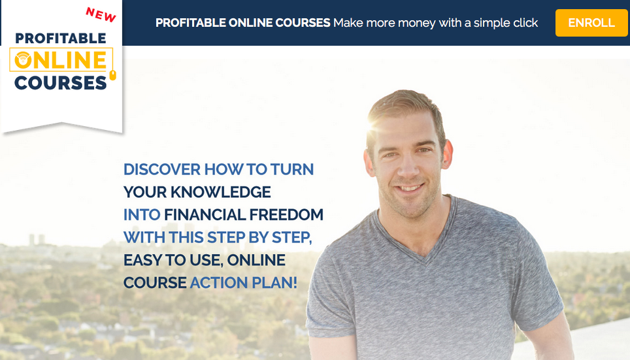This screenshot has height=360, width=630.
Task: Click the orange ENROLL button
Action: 591,23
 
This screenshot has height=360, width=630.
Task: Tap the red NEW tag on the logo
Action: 101,15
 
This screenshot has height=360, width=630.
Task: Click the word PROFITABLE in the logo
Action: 61,39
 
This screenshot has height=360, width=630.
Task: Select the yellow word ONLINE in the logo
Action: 61,60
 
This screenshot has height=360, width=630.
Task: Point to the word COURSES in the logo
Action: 61,83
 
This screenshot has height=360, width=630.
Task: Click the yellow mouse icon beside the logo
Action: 113,75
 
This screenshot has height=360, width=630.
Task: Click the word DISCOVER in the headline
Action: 162,170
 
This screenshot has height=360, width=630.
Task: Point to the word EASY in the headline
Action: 142,260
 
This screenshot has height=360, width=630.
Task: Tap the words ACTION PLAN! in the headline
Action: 244,283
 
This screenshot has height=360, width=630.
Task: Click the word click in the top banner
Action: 525,23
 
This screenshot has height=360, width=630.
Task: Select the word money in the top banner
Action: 416,24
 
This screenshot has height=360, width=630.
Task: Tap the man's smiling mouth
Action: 409,188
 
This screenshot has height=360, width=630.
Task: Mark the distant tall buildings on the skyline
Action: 37,240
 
